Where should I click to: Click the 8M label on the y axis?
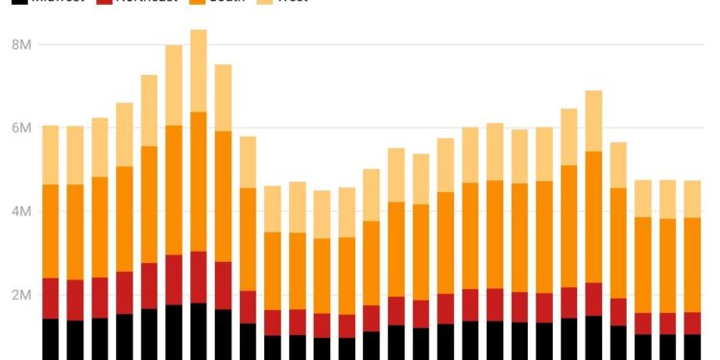tap(21, 44)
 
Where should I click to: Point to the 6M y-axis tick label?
tap(21, 128)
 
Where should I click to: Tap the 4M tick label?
tap(21, 211)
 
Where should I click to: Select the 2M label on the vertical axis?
tap(21, 295)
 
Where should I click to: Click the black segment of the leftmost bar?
tap(51, 339)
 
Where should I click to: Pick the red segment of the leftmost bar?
tap(51, 299)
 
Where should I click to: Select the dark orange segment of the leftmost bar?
tap(51, 231)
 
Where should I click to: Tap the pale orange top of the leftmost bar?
tap(51, 155)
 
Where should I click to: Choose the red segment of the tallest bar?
tap(199, 276)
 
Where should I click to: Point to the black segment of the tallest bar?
tap(199, 331)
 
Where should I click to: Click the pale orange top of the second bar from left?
tap(75, 155)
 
